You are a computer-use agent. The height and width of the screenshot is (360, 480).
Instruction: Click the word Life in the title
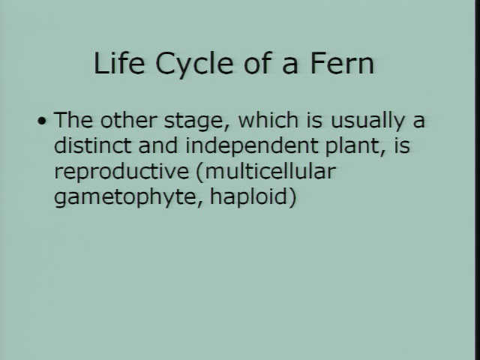pos(119,63)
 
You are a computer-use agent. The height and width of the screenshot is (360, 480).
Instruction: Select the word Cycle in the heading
pos(194,65)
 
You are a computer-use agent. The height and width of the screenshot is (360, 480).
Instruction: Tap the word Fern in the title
pos(342,63)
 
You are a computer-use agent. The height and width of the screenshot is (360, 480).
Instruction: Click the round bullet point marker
pos(42,121)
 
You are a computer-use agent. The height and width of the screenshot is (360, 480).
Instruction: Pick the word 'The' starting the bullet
pos(73,120)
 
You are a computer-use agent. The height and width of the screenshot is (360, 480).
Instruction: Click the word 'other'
pos(129,120)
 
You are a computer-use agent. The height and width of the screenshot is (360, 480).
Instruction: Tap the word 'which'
pos(268,120)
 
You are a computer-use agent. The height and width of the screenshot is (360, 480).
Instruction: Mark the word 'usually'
pos(368,122)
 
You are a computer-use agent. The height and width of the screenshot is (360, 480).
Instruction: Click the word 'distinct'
pos(93,145)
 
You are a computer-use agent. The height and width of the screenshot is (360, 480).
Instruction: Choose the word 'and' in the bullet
pos(158,145)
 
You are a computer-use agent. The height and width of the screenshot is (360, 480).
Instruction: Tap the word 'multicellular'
pos(270,171)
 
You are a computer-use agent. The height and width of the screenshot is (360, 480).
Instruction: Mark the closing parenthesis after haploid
pos(292,198)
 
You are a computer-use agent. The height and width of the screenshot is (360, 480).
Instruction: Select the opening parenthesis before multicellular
pos(200,173)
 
